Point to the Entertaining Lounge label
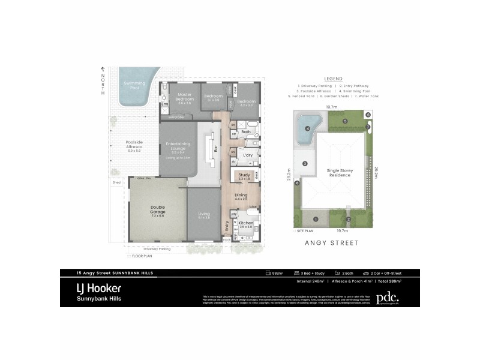point(177,146)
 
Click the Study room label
point(244,175)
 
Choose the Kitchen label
point(246,223)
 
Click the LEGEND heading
point(333,79)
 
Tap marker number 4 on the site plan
point(307,128)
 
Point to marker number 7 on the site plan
point(367,127)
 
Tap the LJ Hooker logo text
point(98,288)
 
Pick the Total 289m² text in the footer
point(388,280)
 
